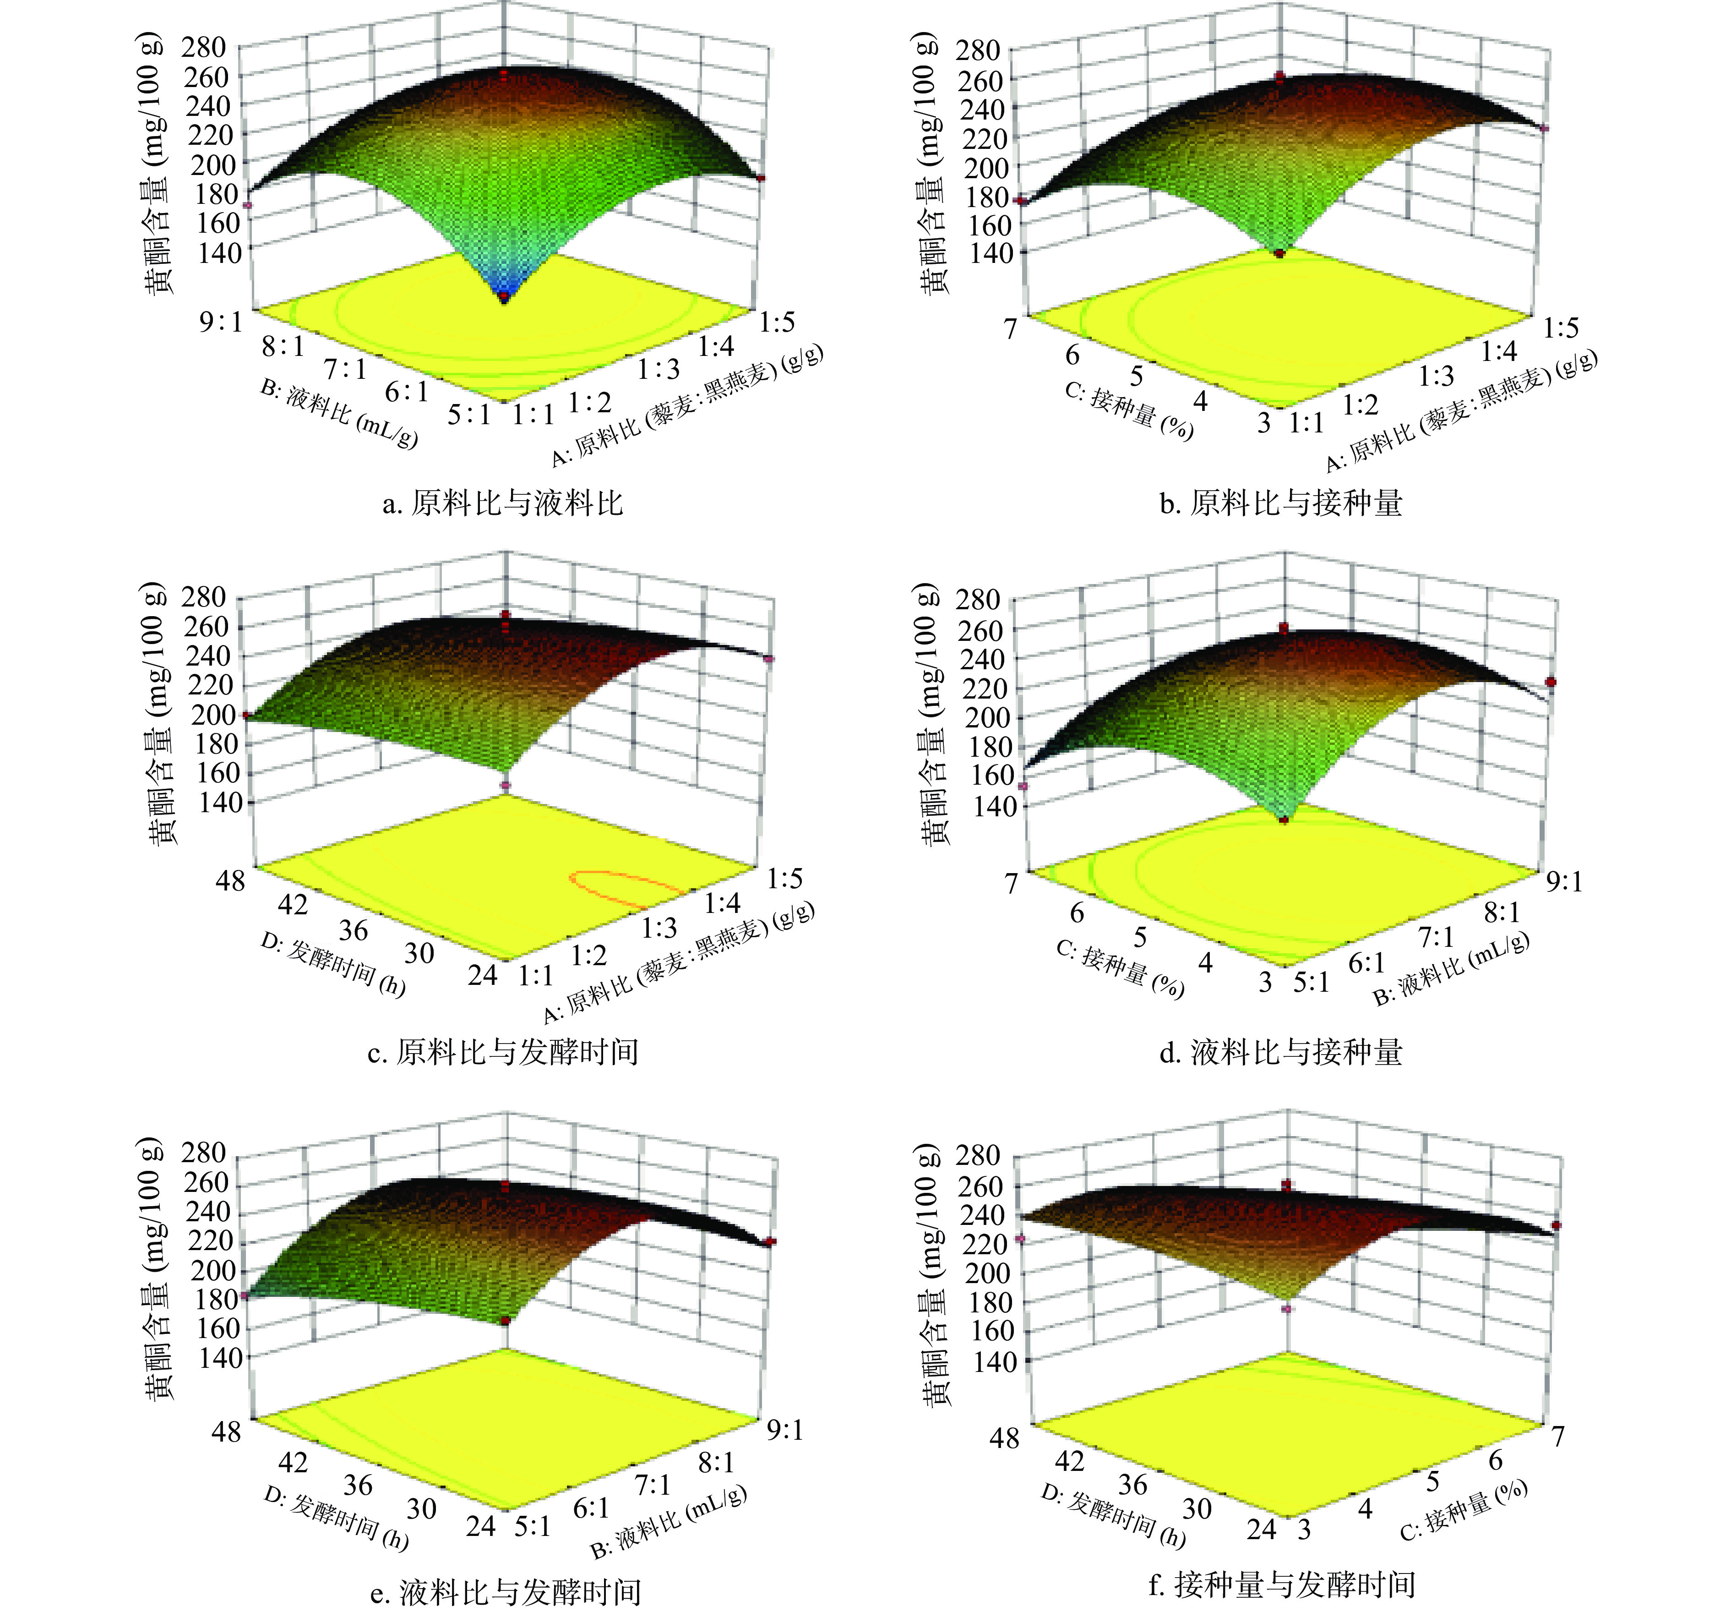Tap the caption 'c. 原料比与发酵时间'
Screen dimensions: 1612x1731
502,1053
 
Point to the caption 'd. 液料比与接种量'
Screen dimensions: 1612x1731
1281,1053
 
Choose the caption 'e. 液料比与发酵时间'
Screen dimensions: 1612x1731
505,1592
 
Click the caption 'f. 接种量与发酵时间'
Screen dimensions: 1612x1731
1281,1585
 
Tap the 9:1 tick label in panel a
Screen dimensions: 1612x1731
221,322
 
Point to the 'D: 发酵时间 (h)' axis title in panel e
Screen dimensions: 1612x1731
335,1519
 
